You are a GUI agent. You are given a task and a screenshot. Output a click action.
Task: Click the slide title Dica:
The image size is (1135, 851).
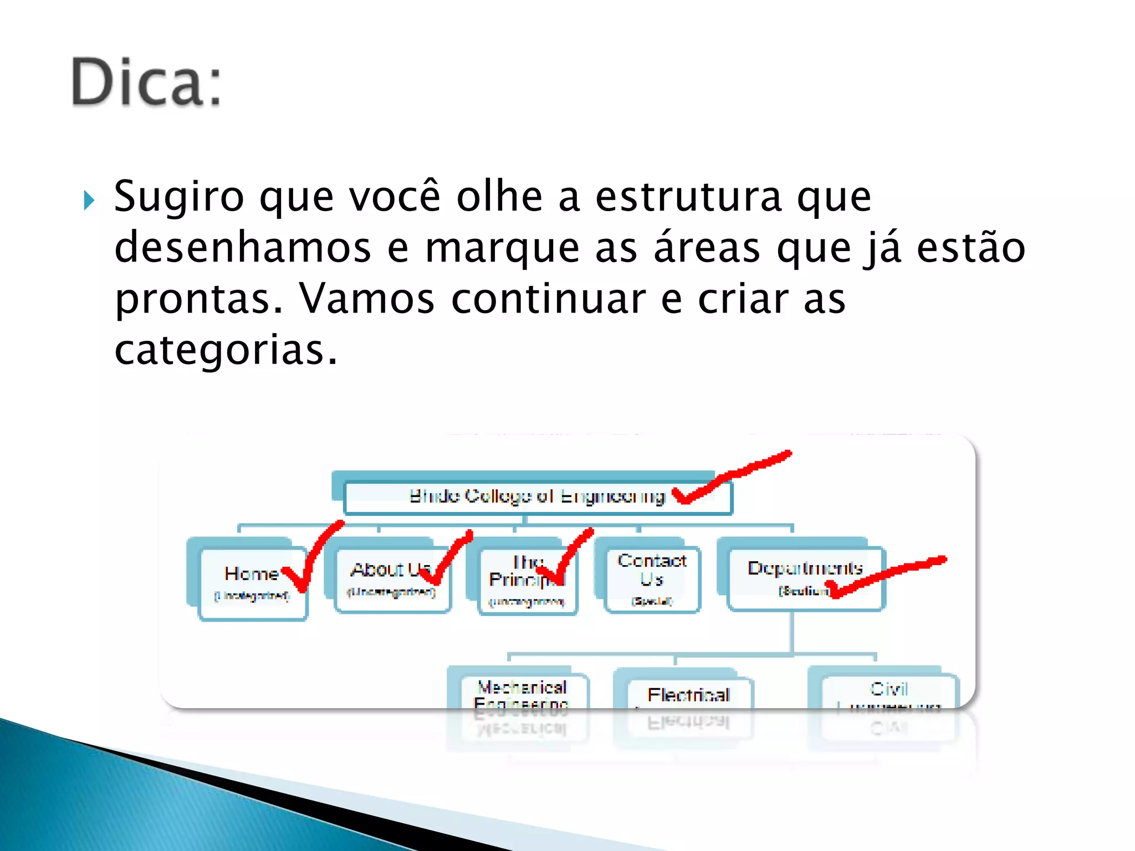click(146, 81)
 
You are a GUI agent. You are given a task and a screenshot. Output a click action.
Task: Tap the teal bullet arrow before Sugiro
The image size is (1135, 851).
click(89, 200)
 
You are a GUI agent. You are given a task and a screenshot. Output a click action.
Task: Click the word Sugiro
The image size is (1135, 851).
click(178, 198)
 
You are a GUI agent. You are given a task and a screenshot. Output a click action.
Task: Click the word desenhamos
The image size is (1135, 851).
click(242, 248)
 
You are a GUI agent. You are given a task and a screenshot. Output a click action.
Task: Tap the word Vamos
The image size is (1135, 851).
click(367, 299)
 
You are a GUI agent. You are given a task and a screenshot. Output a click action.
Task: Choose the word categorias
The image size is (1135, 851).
click(225, 350)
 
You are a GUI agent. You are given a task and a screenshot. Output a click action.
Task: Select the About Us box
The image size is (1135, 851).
click(392, 579)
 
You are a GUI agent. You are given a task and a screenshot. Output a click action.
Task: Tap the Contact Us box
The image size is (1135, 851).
click(652, 579)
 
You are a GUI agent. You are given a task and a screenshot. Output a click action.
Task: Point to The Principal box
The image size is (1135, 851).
click(526, 581)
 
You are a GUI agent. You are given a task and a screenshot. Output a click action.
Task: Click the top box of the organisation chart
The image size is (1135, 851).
click(536, 496)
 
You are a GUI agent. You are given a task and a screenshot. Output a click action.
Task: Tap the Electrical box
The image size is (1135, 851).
click(688, 693)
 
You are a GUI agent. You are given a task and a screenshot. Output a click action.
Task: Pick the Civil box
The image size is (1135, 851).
click(889, 690)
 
